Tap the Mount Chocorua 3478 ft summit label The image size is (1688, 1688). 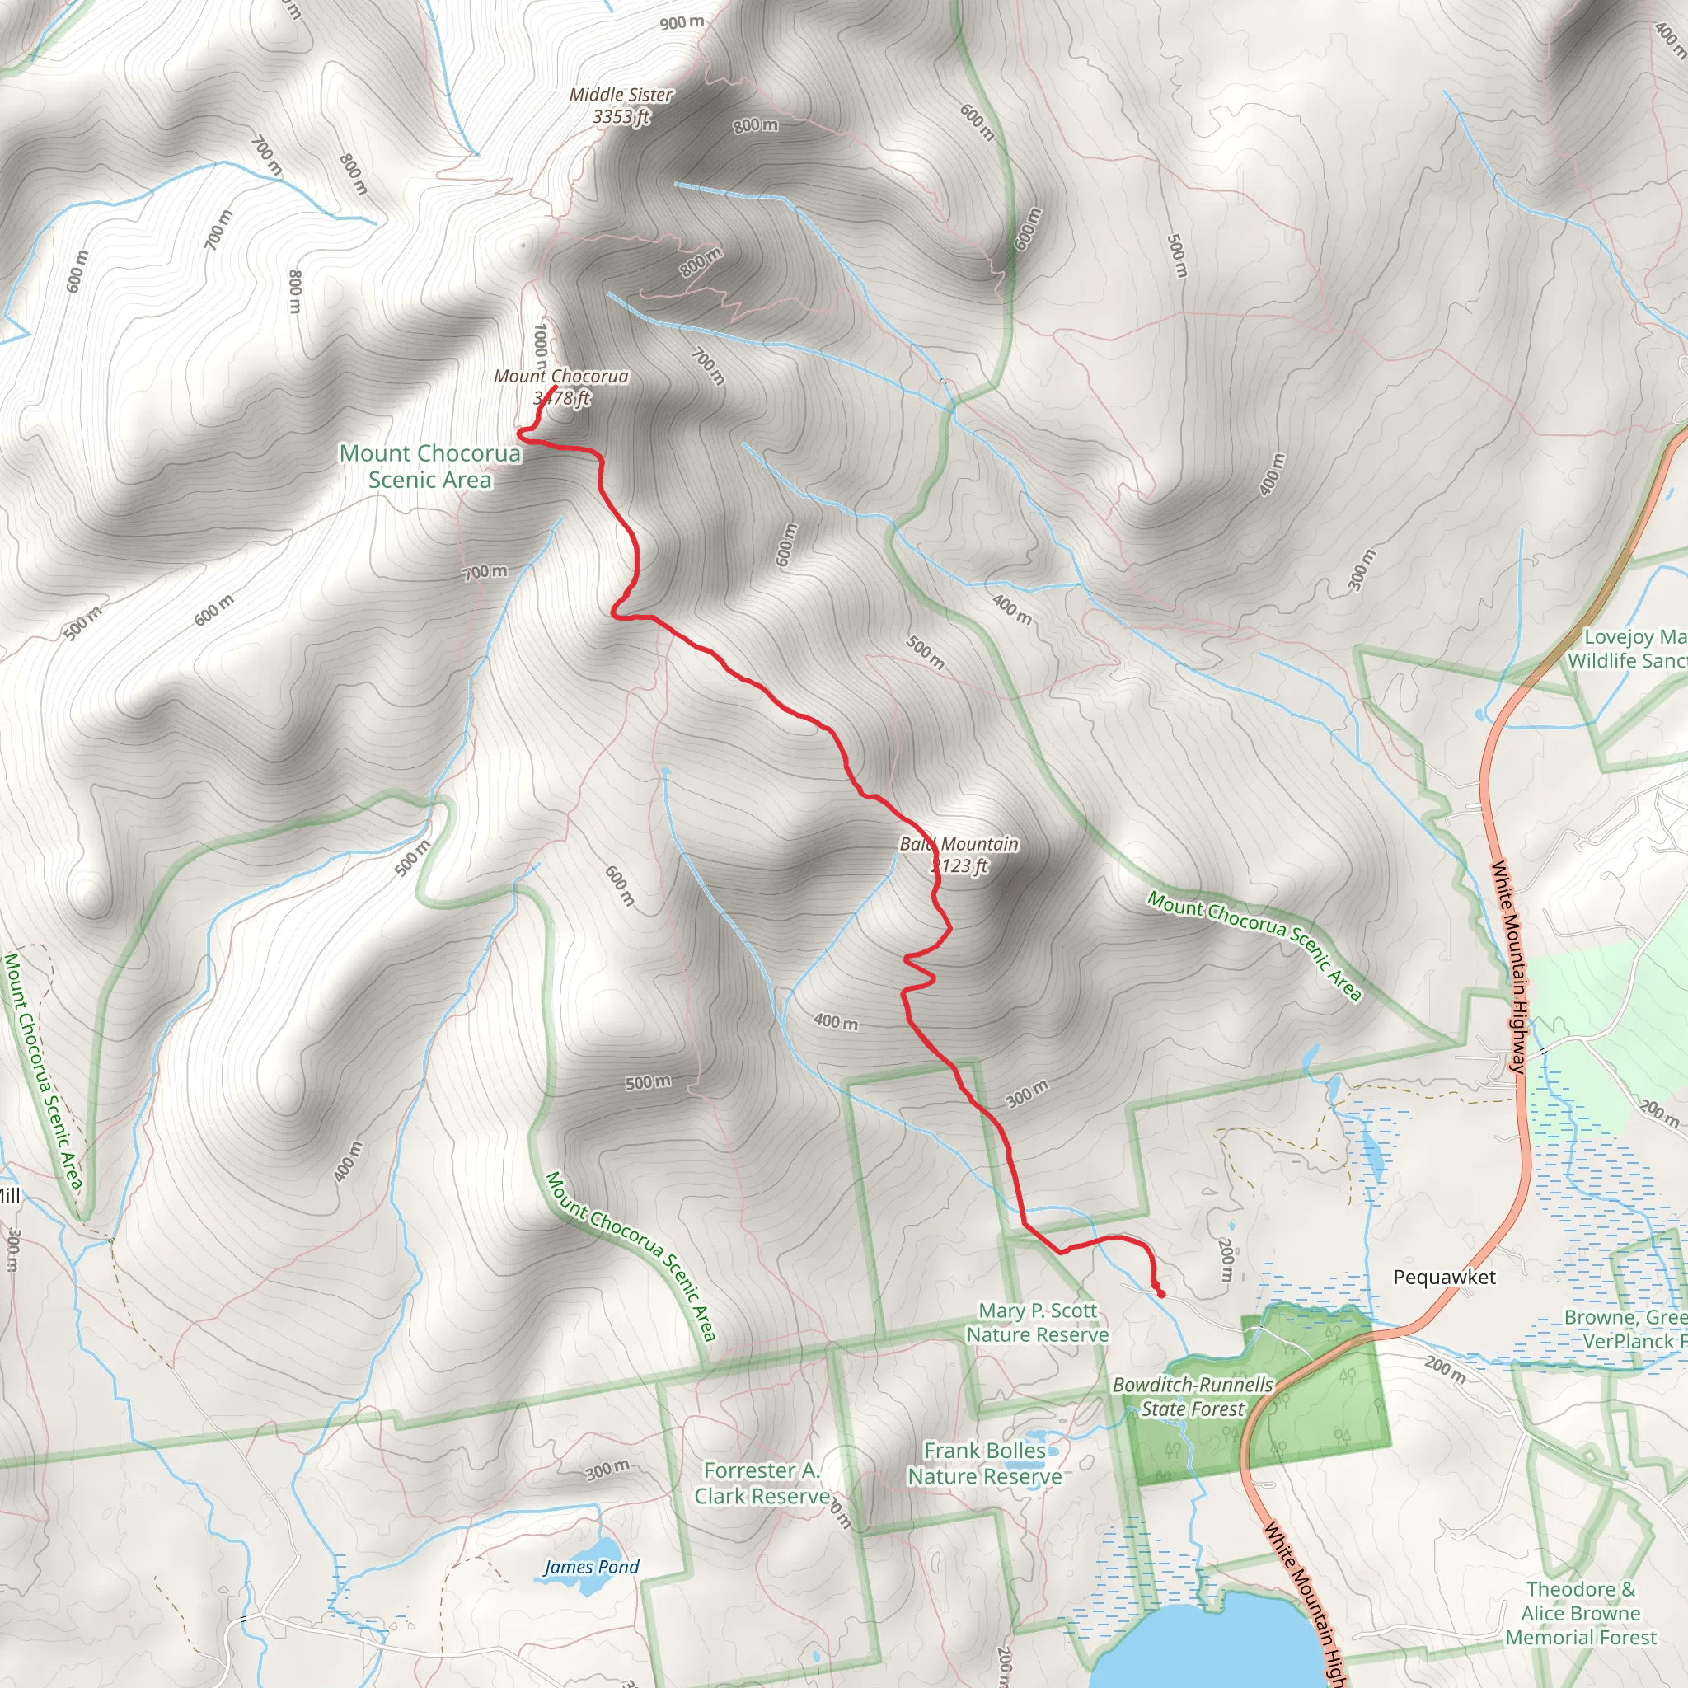coord(561,387)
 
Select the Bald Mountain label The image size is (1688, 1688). coord(959,844)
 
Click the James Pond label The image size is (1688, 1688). coord(592,1567)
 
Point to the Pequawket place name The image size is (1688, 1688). coord(1444,1277)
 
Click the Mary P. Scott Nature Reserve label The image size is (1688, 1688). coord(1037,1323)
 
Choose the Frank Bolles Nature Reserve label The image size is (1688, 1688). coord(985,1464)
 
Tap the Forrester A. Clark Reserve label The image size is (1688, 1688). coord(762,1484)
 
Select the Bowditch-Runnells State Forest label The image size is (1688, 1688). coord(1193,1396)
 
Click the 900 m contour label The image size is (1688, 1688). coord(682,23)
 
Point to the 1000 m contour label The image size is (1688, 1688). coord(541,343)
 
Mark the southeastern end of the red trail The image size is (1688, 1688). coord(1161,1294)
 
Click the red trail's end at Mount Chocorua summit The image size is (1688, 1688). coord(556,387)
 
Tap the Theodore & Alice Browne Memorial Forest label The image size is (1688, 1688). coord(1581,1613)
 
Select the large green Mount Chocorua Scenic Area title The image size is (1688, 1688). coord(430,466)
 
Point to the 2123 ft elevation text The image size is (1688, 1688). coord(959,866)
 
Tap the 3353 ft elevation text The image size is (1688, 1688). coord(621,116)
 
